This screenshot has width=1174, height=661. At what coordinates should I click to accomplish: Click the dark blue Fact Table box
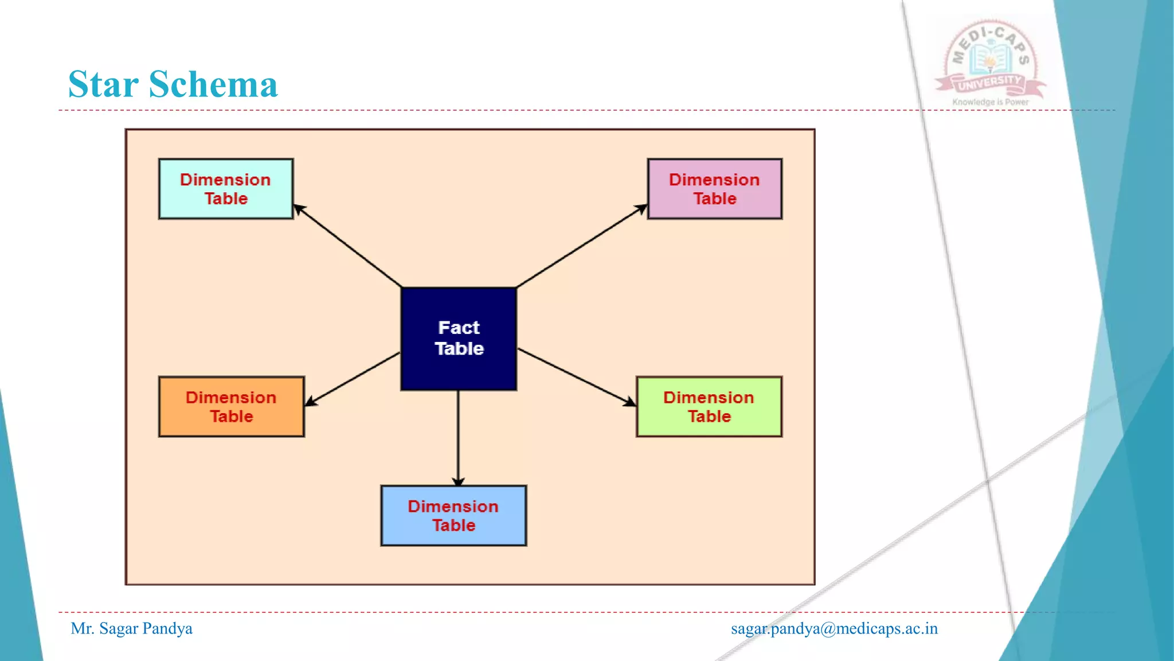[x=459, y=339]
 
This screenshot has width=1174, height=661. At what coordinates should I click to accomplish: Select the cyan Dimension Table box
[x=226, y=189]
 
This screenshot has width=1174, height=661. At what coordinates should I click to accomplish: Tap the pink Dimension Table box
[x=714, y=189]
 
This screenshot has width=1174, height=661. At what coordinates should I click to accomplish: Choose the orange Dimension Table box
[x=231, y=407]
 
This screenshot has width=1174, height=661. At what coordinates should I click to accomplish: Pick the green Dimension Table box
[x=709, y=407]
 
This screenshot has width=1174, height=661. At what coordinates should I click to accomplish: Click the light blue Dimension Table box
[x=453, y=516]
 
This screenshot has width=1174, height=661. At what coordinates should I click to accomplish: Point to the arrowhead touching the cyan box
[x=299, y=209]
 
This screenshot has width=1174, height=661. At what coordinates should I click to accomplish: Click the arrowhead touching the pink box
[x=641, y=209]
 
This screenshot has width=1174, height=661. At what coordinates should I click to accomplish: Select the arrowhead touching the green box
[x=630, y=402]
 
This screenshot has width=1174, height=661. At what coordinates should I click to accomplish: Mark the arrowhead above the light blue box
[x=458, y=481]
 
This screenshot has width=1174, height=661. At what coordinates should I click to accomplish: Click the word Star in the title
[x=103, y=84]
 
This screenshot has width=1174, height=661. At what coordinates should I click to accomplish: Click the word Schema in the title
[x=213, y=84]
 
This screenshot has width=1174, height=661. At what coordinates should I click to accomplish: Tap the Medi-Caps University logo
[x=991, y=60]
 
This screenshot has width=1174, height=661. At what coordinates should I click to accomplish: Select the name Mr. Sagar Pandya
[x=131, y=628]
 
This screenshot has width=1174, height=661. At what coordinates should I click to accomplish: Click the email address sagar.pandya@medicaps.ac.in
[x=834, y=628]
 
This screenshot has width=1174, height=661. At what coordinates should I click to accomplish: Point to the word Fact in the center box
[x=459, y=328]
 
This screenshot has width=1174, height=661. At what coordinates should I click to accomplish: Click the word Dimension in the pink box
[x=714, y=180]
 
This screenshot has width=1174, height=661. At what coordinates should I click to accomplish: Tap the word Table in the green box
[x=709, y=417]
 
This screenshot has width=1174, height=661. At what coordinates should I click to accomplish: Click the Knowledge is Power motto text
[x=991, y=102]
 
